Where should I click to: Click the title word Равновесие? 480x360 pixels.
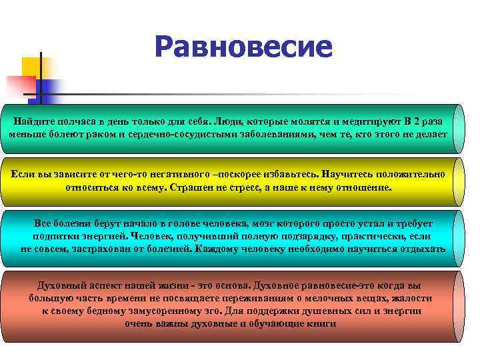tap(243, 47)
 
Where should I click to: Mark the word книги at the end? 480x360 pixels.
tap(322, 323)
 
